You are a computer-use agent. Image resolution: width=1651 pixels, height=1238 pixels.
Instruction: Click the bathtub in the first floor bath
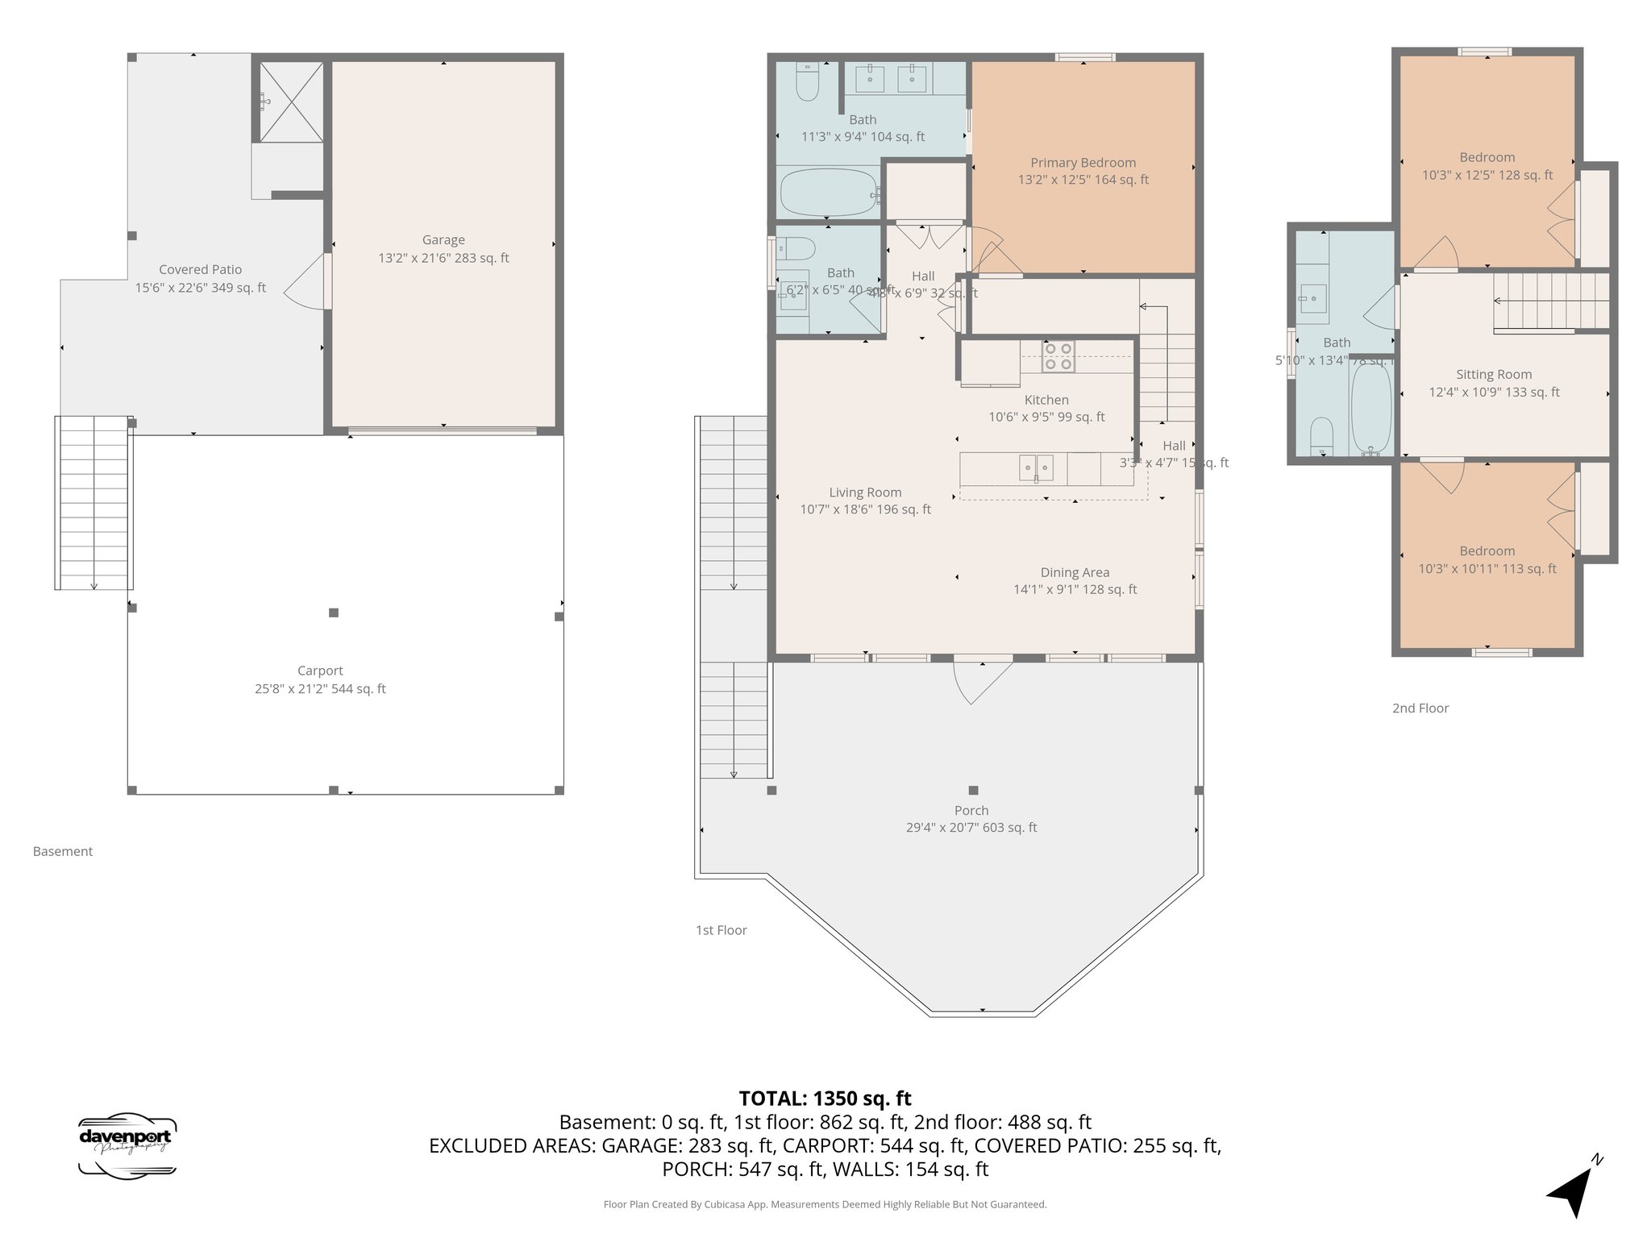830,193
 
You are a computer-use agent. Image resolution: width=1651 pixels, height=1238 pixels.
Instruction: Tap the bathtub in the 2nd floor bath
1370,408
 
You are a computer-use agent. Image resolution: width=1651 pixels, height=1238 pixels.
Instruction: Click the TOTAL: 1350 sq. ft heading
825,1099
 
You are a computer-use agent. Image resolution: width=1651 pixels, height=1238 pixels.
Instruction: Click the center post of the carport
334,613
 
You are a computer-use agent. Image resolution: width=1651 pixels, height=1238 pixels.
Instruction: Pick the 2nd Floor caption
1420,708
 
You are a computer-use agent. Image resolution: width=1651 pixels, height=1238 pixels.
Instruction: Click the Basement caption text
63,851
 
